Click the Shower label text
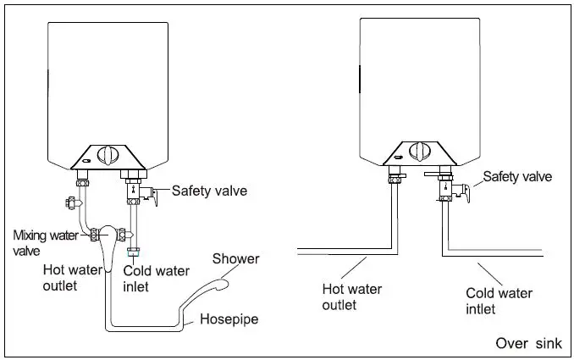[x=235, y=258]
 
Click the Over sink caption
[x=528, y=343]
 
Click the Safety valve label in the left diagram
[x=209, y=191]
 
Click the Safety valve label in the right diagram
[x=516, y=177]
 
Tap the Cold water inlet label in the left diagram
[x=148, y=280]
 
